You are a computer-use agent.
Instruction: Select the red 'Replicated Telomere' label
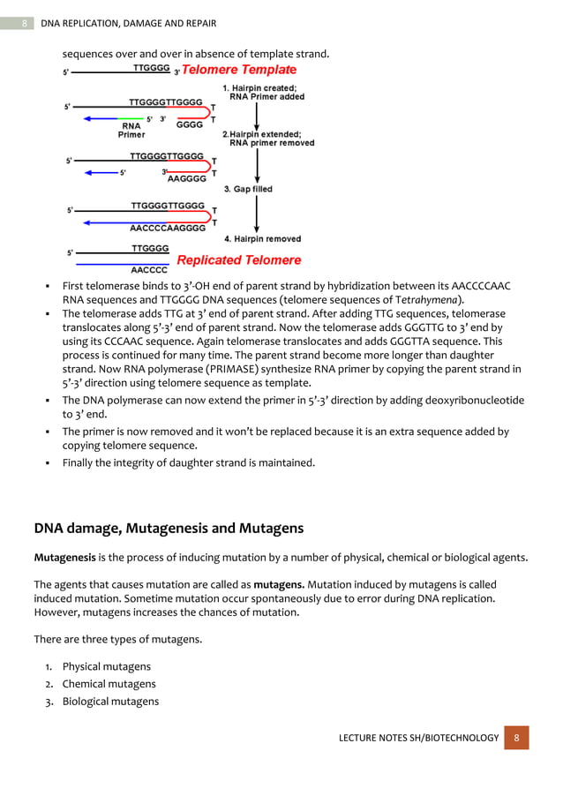[239, 260]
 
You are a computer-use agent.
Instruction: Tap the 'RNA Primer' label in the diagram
[131, 131]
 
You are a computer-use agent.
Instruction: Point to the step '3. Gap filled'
[247, 189]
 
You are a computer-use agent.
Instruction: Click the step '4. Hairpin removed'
[262, 239]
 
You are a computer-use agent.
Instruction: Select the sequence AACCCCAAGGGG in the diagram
[168, 228]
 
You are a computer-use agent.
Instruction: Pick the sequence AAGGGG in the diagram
[186, 178]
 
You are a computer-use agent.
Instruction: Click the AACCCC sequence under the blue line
[150, 270]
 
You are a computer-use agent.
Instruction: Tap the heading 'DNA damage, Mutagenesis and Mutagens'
[169, 529]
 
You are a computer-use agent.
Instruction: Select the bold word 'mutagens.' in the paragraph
[281, 584]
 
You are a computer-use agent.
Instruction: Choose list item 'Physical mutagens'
[106, 666]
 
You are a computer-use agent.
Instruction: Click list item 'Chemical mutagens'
[109, 684]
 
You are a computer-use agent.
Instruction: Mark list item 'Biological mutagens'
[110, 702]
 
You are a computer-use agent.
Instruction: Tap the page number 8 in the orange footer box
[516, 737]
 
